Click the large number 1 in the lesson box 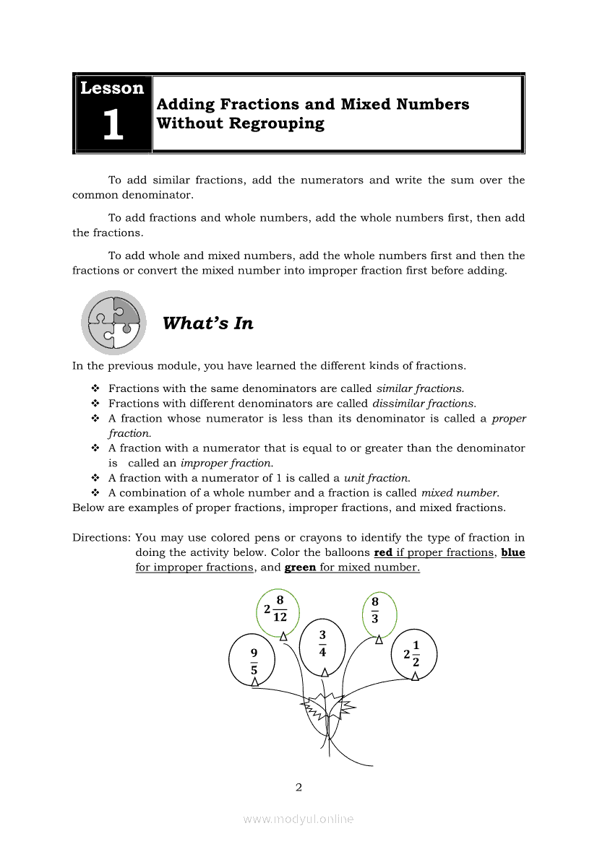(x=113, y=126)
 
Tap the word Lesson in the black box (x=112, y=88)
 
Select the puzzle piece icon (x=113, y=322)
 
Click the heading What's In (x=208, y=323)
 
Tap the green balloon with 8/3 (x=379, y=612)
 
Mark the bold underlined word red (x=383, y=552)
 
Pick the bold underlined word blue (x=512, y=552)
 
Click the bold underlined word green (x=300, y=567)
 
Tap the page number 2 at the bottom (x=298, y=787)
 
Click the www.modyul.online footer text (x=298, y=819)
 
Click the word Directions (x=101, y=538)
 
